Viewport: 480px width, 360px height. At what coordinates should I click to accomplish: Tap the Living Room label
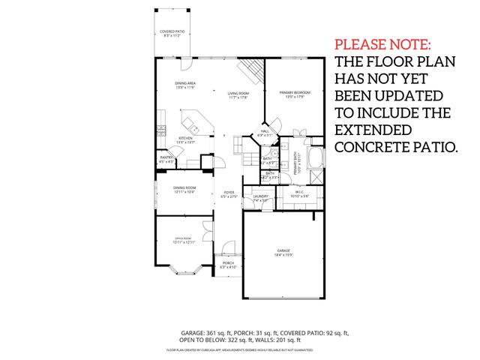click(238, 94)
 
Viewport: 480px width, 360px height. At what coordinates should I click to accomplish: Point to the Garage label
click(283, 252)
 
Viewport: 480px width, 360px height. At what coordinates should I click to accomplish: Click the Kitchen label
click(185, 139)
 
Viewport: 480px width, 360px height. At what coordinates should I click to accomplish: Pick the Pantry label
click(166, 159)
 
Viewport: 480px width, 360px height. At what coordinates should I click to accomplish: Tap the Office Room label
click(184, 240)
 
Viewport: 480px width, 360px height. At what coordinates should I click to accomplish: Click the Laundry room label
click(260, 198)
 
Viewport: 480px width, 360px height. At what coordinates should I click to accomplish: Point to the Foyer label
click(228, 194)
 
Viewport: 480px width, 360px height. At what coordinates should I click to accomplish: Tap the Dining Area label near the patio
click(185, 85)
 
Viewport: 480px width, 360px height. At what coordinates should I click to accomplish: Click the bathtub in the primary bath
click(317, 158)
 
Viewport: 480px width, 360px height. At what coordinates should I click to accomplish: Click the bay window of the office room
click(184, 272)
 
